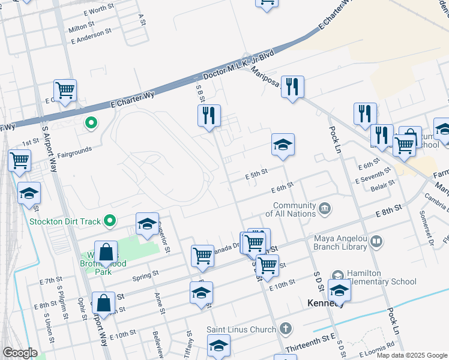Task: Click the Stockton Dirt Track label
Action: click(65, 221)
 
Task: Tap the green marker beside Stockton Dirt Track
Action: click(110, 221)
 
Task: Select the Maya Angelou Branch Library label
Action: click(340, 242)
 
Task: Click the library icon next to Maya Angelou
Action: click(376, 242)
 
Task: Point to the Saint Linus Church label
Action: click(241, 329)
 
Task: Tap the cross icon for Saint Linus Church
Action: click(286, 328)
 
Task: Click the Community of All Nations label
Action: click(291, 209)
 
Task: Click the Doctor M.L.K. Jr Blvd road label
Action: click(239, 66)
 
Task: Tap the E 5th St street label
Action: click(256, 173)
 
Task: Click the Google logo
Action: click(20, 353)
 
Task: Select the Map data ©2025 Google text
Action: click(412, 355)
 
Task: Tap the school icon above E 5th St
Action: click(283, 145)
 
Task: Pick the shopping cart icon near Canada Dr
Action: click(203, 255)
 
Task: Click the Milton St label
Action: click(82, 28)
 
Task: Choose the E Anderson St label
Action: click(91, 36)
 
